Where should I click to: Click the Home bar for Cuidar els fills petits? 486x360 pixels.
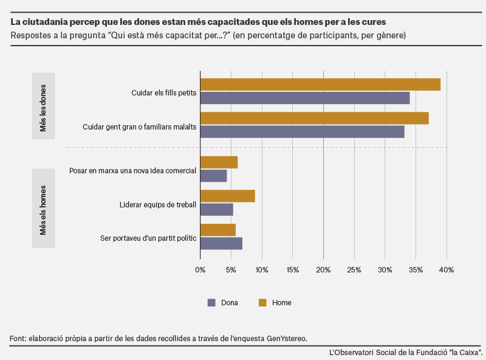(x=321, y=85)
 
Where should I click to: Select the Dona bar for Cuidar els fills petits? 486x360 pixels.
(x=305, y=98)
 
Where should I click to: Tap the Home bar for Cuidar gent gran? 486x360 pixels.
(x=315, y=118)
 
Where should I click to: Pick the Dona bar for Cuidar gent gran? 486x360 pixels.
(x=303, y=132)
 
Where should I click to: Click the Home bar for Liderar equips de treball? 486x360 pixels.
(x=228, y=196)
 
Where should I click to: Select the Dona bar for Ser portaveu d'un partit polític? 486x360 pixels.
(x=221, y=243)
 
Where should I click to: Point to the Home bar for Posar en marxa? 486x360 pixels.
(x=219, y=162)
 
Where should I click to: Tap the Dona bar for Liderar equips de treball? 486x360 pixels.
(x=217, y=209)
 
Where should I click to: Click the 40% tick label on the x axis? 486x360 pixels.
(x=447, y=270)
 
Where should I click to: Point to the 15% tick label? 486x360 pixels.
(x=293, y=270)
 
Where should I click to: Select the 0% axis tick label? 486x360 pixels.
(x=200, y=270)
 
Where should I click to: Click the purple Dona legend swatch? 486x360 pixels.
(x=211, y=303)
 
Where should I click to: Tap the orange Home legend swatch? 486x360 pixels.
(x=262, y=303)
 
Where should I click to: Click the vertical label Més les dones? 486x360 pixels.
(x=43, y=108)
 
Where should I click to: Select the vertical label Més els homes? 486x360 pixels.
(x=43, y=210)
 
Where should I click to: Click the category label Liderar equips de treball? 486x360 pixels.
(x=158, y=205)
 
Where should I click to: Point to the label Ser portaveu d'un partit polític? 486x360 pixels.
(x=148, y=238)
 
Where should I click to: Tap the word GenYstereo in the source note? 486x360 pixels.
(x=287, y=339)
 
